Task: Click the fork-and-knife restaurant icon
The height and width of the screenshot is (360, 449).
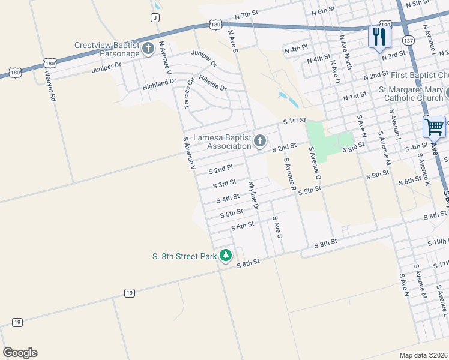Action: coord(379,37)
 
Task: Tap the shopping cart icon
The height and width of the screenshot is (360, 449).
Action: coord(434,127)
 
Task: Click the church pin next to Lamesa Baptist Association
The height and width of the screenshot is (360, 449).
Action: coord(260,142)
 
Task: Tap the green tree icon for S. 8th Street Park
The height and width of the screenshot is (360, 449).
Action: coord(226,256)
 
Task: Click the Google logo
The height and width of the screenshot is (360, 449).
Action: coord(20,353)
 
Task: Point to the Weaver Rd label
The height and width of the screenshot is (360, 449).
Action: coord(50,85)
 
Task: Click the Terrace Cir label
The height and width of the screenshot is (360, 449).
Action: coord(189,92)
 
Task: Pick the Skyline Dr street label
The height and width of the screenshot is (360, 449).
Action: coord(253,196)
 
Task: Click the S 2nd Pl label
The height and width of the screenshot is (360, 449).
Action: coord(220,170)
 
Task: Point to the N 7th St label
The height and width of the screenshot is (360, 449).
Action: coord(246,13)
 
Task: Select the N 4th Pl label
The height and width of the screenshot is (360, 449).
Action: coord(297,47)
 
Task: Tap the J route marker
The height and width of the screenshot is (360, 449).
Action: coord(155,17)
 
